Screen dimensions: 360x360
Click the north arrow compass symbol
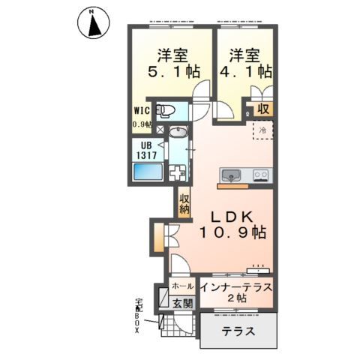pos(94,23)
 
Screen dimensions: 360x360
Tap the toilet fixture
pos(165,110)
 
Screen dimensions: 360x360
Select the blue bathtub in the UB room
pos(148,172)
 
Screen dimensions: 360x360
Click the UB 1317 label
pos(146,151)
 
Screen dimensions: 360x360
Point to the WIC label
pos(142,111)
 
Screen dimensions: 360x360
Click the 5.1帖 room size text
pos(174,72)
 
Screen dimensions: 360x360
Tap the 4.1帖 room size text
pos(246,72)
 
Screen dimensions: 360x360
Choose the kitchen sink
pos(231,175)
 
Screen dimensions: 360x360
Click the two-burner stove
pos(261,174)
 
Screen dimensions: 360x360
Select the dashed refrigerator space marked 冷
pos(262,130)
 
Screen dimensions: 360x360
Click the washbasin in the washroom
pos(178,131)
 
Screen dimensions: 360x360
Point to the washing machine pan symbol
pos(177,172)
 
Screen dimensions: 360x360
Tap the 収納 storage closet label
pos(184,204)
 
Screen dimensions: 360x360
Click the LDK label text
pos(232,217)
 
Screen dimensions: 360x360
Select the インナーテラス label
pos(236,287)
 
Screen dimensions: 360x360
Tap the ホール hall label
pos(183,286)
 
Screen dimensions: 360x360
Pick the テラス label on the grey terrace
pos(238,331)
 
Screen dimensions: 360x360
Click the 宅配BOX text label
pos(137,316)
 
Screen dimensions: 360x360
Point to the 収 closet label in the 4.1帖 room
pos(263,109)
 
